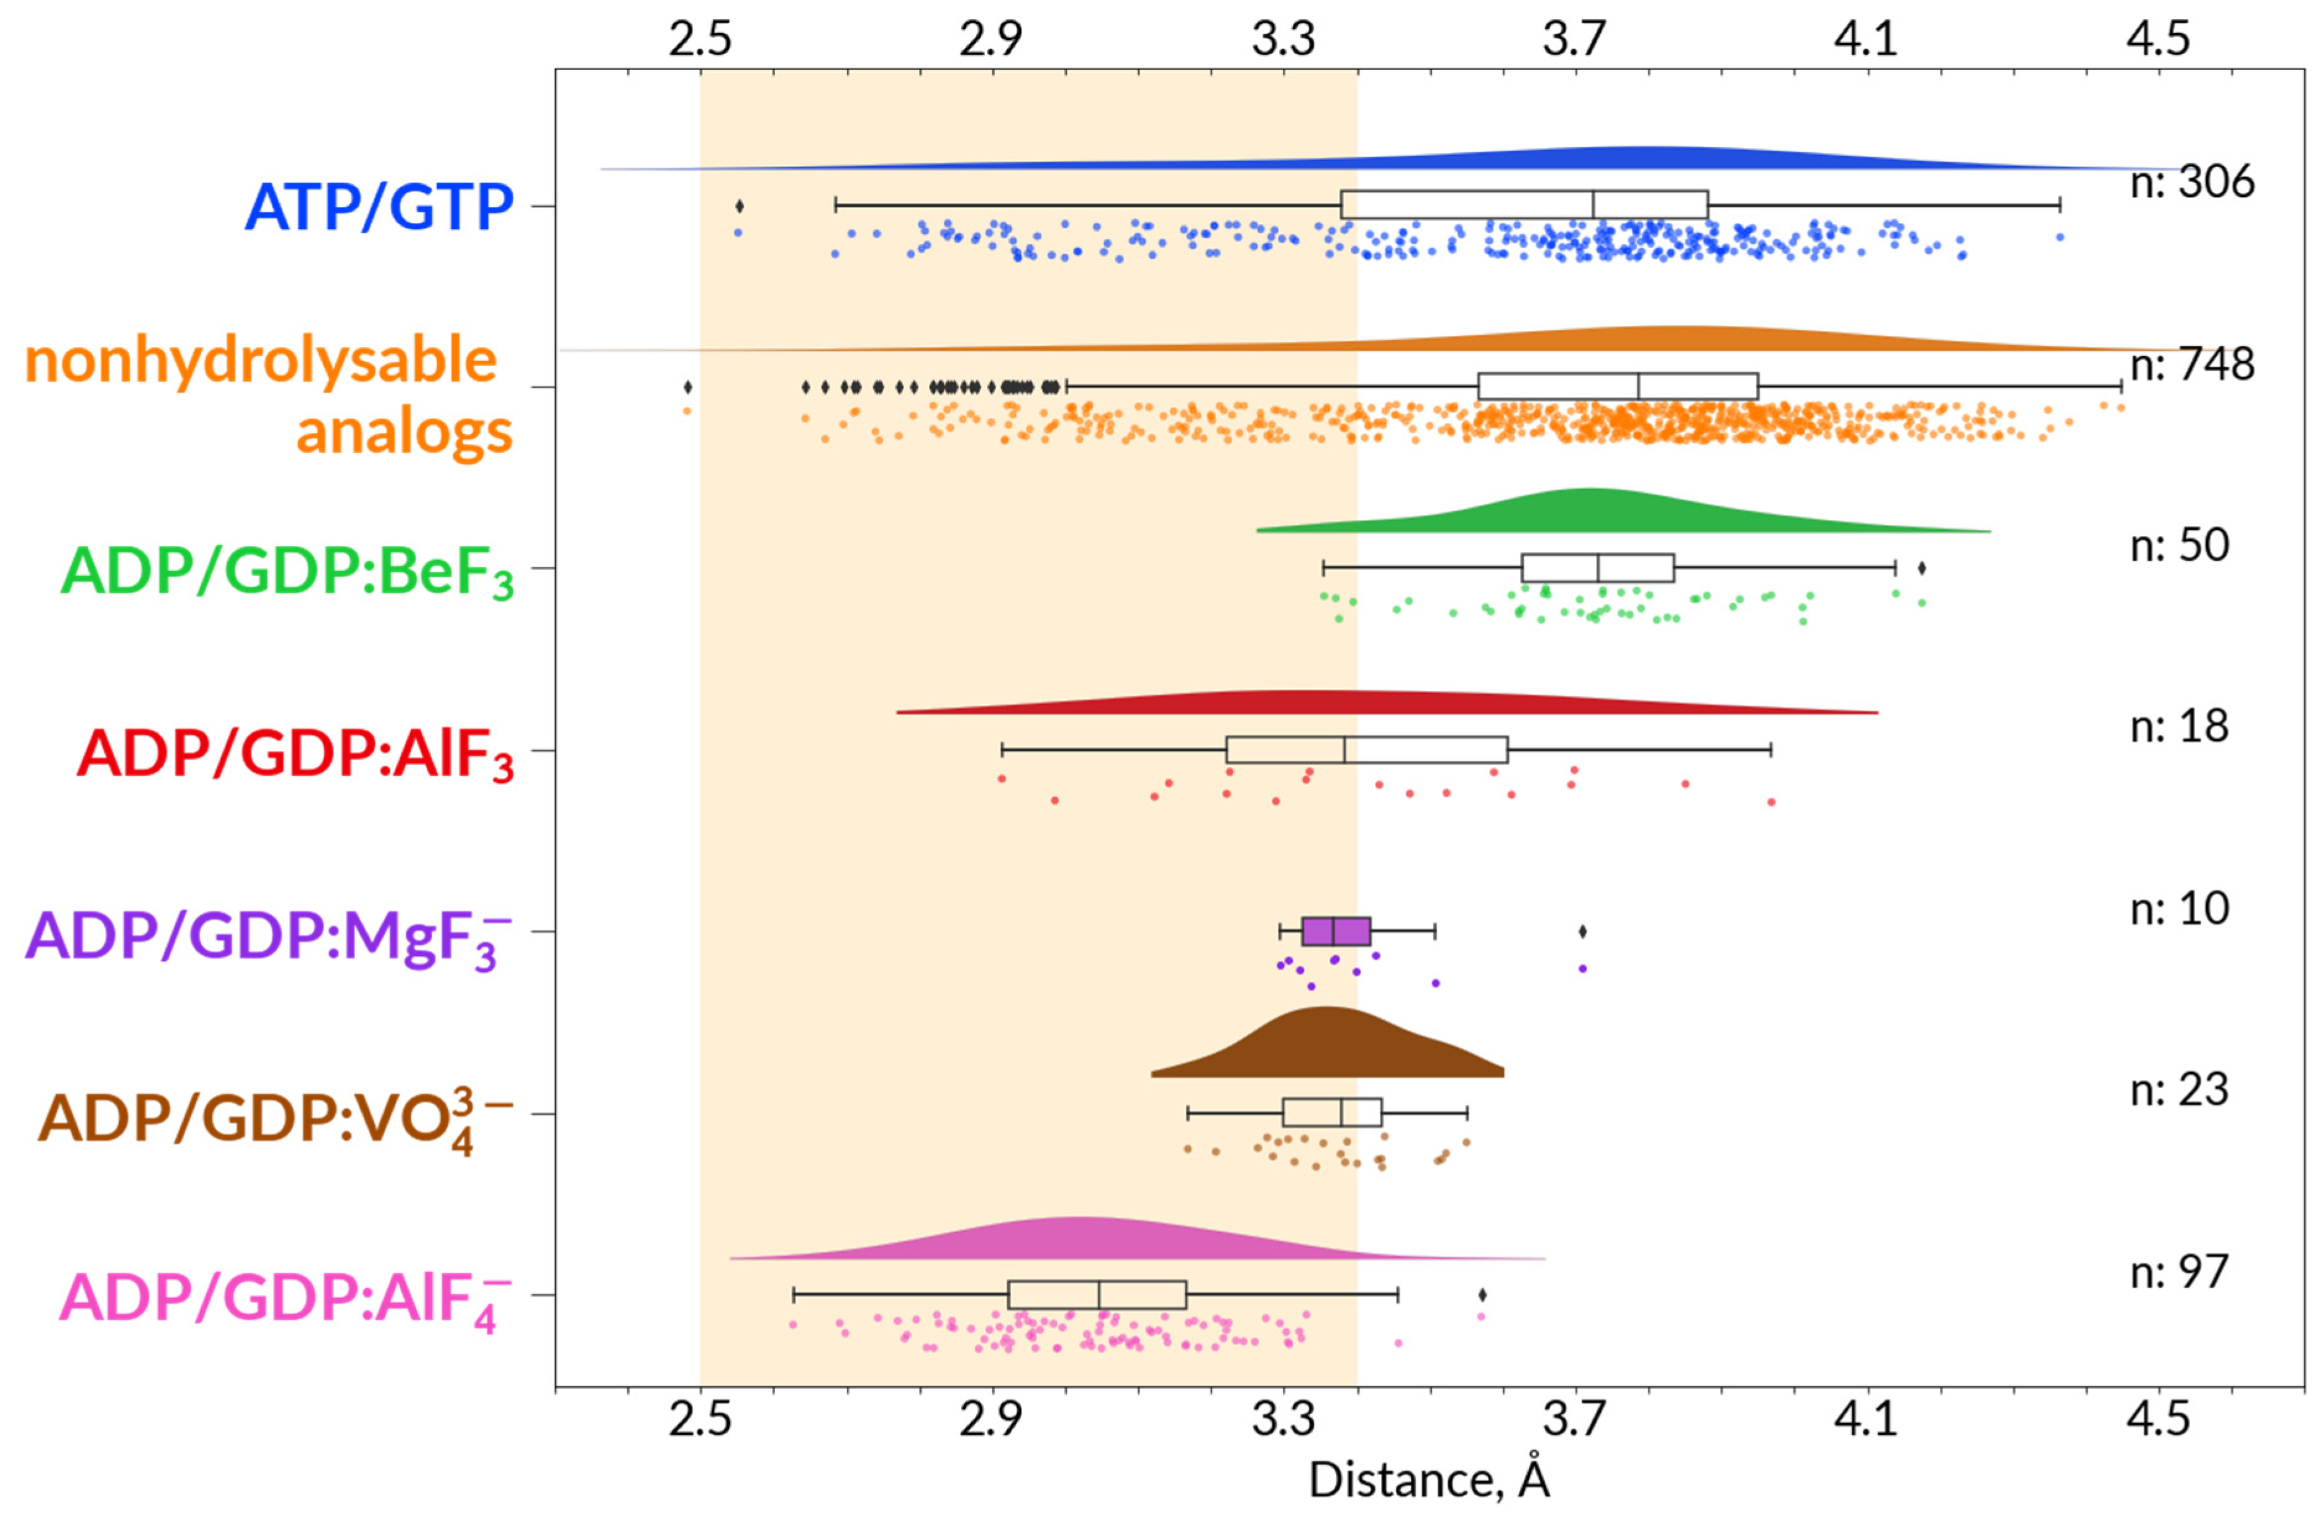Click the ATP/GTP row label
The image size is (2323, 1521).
click(379, 207)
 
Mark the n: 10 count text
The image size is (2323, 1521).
click(2180, 909)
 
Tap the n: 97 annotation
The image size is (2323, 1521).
click(2180, 1272)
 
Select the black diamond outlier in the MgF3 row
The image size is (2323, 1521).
click(1582, 932)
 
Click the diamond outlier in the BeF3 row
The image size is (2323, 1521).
click(1921, 568)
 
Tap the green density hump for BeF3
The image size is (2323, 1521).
click(1591, 512)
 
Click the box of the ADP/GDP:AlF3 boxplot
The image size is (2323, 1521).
click(1367, 750)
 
